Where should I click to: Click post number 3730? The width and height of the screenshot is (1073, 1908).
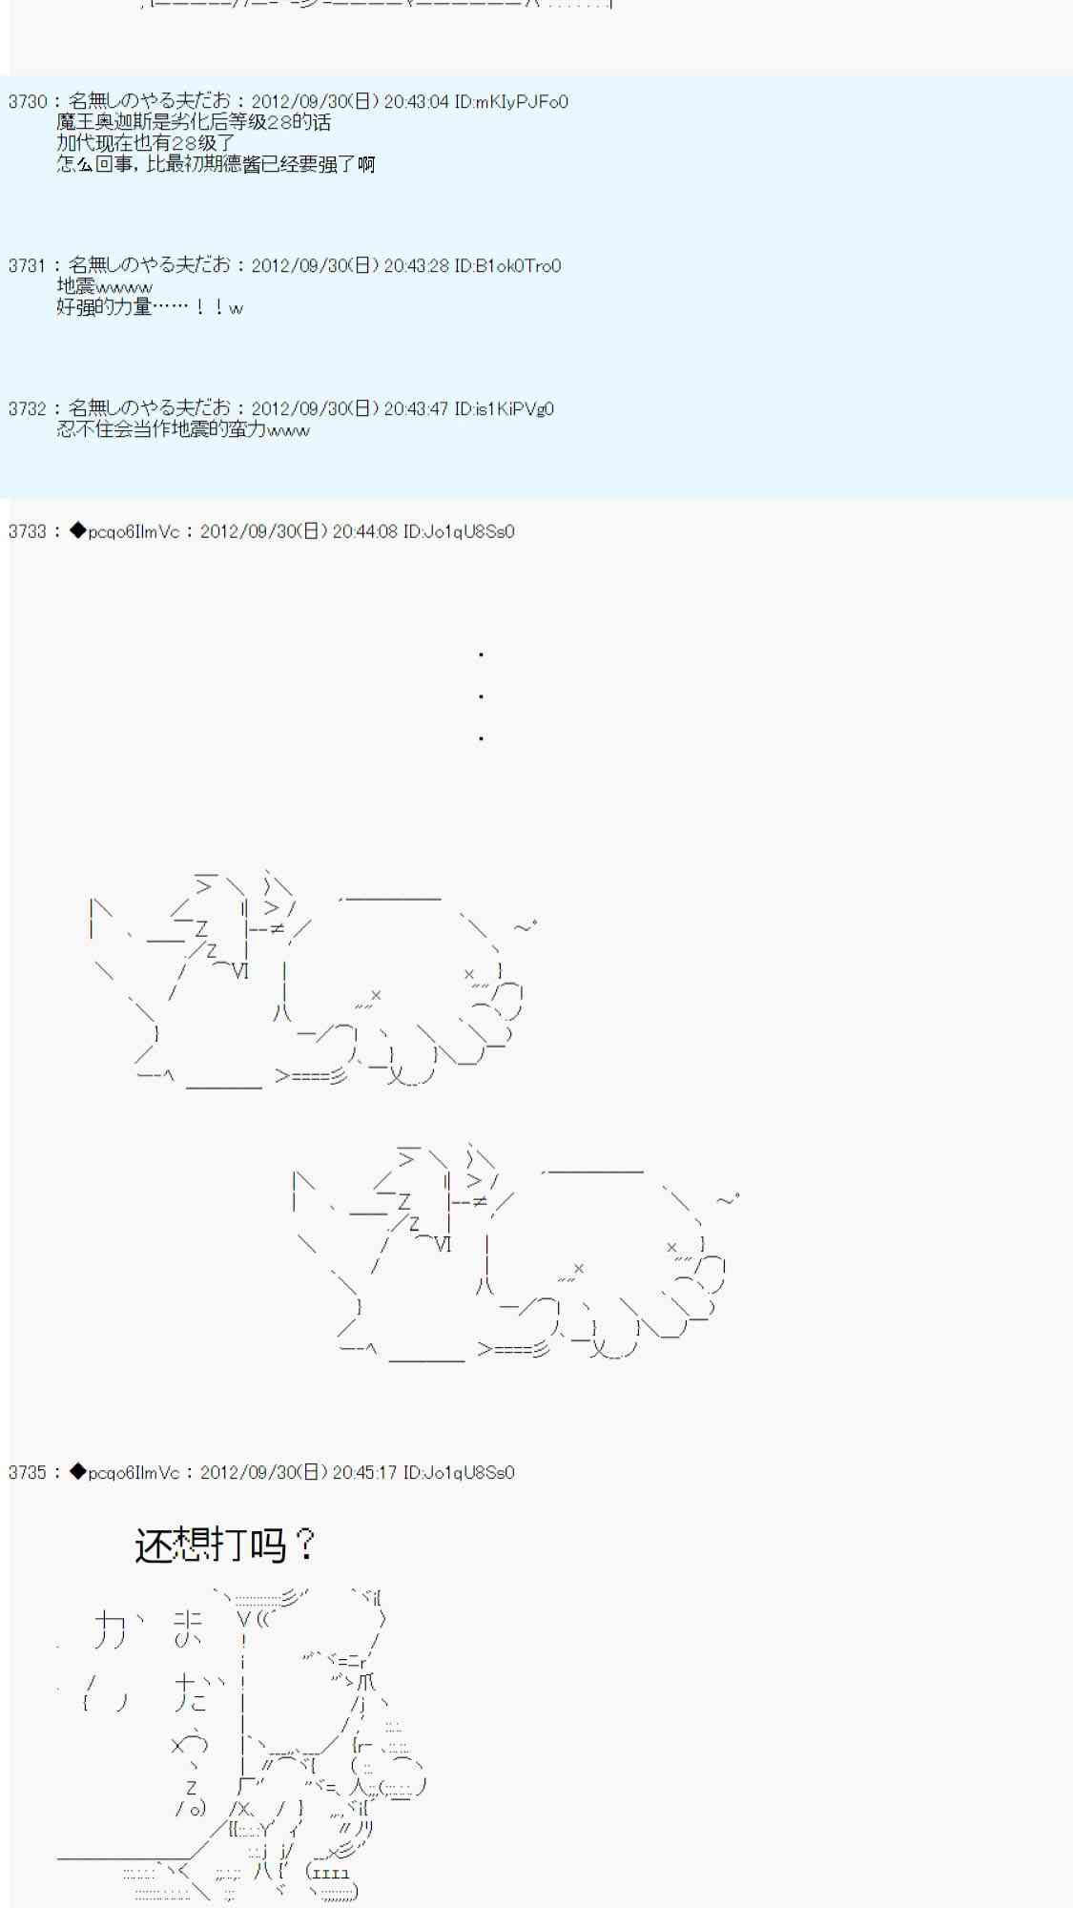[27, 102]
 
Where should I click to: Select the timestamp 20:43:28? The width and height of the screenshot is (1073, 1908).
[416, 266]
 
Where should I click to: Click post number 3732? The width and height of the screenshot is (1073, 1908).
[27, 409]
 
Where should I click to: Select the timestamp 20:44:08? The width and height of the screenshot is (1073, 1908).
[364, 531]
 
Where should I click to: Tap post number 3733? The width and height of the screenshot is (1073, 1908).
[27, 531]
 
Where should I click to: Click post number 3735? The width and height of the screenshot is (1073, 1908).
[27, 1473]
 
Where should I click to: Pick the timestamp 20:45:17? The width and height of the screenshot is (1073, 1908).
[364, 1473]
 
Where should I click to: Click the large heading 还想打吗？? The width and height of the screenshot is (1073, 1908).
[225, 1545]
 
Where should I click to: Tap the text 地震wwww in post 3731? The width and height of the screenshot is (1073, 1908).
[104, 287]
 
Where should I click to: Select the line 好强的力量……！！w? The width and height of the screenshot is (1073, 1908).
[150, 308]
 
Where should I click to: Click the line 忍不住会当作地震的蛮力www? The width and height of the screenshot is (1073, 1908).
[183, 430]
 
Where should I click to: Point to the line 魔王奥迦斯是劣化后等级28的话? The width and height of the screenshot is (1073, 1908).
[194, 123]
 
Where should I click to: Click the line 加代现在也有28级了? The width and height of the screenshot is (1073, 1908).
[146, 144]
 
